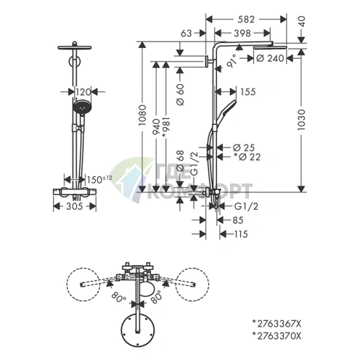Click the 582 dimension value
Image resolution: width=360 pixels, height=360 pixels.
(246, 20)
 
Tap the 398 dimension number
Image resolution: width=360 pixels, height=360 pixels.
(242, 33)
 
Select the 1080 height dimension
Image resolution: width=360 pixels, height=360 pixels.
(142, 115)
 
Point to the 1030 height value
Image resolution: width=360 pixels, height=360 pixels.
(301, 120)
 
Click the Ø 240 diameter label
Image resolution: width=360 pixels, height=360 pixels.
(270, 58)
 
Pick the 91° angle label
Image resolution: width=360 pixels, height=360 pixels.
(232, 60)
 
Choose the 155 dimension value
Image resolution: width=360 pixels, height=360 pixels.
(248, 92)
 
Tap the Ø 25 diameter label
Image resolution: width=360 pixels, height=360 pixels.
(244, 147)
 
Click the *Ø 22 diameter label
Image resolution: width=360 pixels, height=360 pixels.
(247, 157)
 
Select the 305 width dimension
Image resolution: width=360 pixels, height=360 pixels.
(75, 206)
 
